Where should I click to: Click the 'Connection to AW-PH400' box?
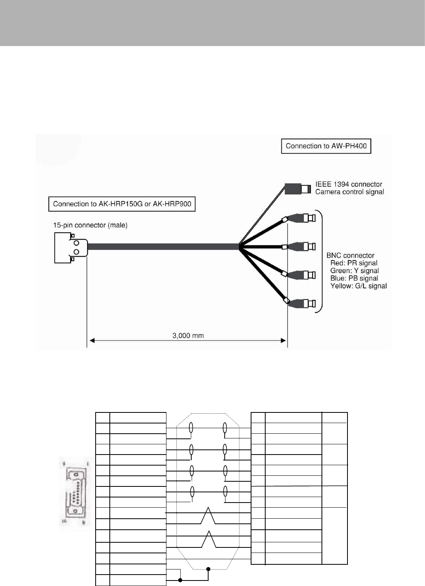pyautogui.click(x=326, y=146)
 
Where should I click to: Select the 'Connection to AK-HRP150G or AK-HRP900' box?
pyautogui.click(x=122, y=204)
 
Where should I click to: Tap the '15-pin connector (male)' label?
pyautogui.click(x=90, y=225)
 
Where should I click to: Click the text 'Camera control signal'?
pyautogui.click(x=349, y=192)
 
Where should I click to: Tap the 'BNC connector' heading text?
pyautogui.click(x=350, y=255)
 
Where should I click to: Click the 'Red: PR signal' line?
pyautogui.click(x=354, y=263)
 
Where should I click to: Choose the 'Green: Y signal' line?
pyautogui.click(x=355, y=271)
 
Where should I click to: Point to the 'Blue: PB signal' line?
pyautogui.click(x=354, y=278)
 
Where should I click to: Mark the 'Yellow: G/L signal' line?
pyautogui.click(x=358, y=286)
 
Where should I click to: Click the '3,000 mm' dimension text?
pyautogui.click(x=188, y=336)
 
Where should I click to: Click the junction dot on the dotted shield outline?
pyautogui.click(x=208, y=568)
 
